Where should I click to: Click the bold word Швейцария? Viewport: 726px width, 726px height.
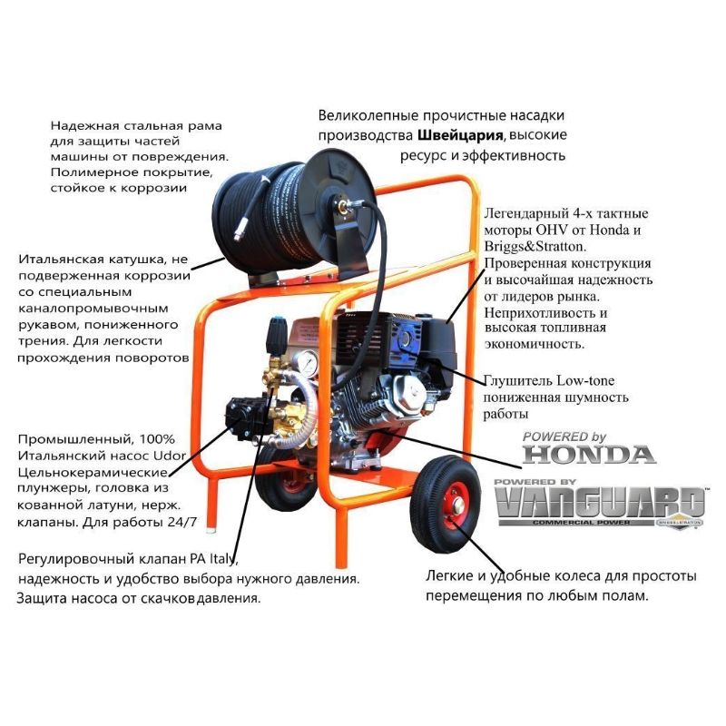pos(460,135)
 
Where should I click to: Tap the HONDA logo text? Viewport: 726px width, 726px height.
pos(589,455)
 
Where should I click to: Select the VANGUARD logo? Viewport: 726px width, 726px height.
pos(600,503)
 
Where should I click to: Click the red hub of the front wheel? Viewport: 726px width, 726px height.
pos(456,506)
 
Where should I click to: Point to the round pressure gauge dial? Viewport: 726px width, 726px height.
pos(306,365)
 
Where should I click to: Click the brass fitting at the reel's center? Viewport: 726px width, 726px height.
pos(344,207)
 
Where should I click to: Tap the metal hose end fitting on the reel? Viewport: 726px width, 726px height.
pos(240,235)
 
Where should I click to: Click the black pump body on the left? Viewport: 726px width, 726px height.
pos(244,416)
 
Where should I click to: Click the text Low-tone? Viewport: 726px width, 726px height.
pos(585,380)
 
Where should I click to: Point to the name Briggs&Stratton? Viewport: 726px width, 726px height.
pos(535,246)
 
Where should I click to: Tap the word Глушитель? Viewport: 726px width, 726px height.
pos(518,381)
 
